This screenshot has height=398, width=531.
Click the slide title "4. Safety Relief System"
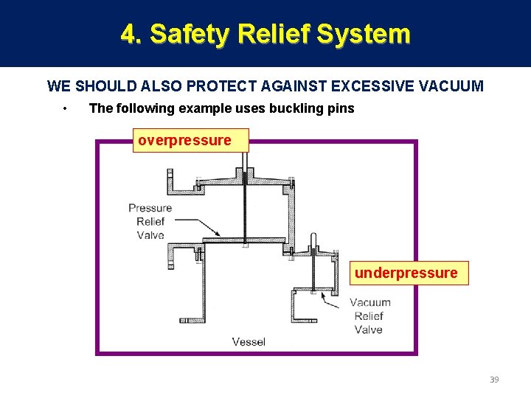(265, 34)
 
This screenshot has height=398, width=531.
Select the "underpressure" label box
(406, 273)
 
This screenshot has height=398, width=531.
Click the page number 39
(494, 380)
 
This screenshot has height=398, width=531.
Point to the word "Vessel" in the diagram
(249, 341)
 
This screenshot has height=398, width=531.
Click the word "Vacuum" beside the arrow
(370, 302)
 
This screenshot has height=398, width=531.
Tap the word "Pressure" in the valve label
(150, 208)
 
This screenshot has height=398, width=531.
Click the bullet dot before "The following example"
(66, 109)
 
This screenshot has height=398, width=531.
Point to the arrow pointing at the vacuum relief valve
(332, 299)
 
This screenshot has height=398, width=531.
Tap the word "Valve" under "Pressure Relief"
(150, 235)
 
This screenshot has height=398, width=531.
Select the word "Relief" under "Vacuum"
(368, 316)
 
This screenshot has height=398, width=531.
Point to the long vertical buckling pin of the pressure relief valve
(243, 206)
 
